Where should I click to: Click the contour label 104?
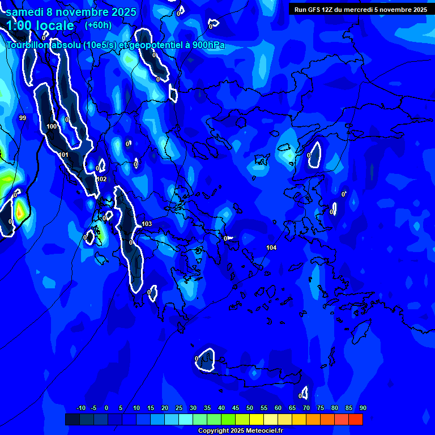click(271, 248)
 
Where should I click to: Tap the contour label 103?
click(147, 224)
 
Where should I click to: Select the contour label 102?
click(101, 179)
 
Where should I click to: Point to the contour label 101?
click(63, 155)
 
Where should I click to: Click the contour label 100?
click(52, 126)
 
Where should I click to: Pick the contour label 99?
click(22, 118)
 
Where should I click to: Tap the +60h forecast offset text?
click(98, 25)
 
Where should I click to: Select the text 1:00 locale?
click(40, 26)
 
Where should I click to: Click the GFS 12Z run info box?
click(360, 10)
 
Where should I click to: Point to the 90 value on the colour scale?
click(362, 408)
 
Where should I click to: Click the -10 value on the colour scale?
click(80, 408)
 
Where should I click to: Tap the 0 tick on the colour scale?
click(106, 408)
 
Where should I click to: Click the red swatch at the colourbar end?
click(355, 419)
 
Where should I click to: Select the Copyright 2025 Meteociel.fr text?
click(240, 430)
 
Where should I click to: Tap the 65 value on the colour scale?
click(292, 408)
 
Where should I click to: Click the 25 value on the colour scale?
click(178, 408)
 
